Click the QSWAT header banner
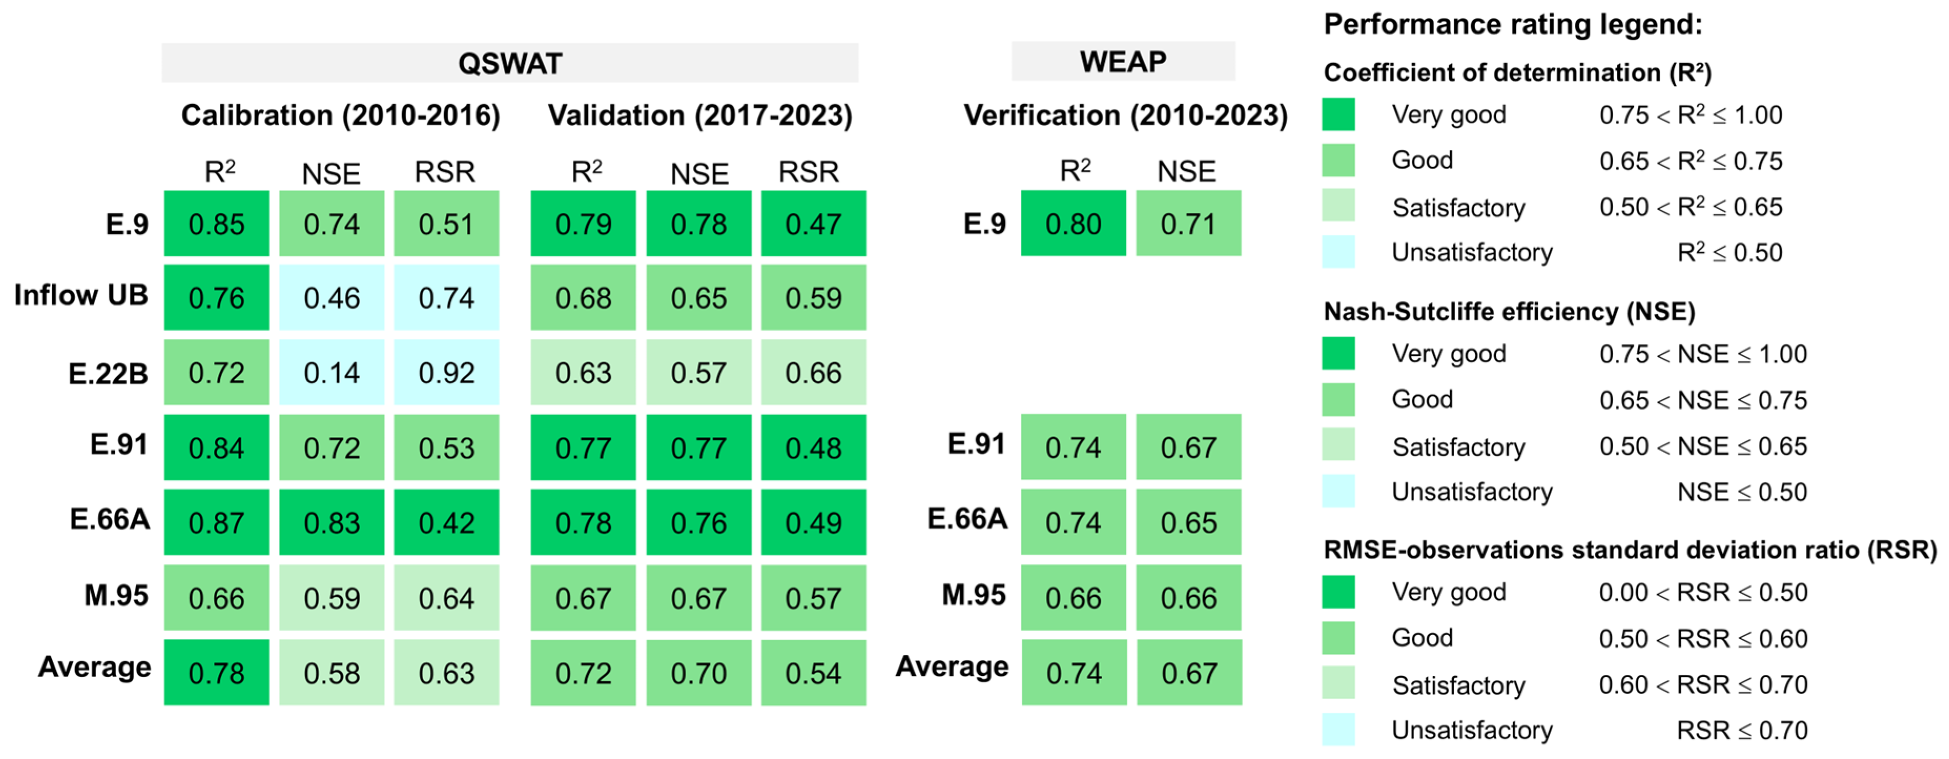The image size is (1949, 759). tap(510, 63)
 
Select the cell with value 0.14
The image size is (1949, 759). tap(331, 372)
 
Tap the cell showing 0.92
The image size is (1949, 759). tap(447, 372)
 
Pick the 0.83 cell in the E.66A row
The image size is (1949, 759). tap(331, 522)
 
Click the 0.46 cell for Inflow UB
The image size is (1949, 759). tap(331, 298)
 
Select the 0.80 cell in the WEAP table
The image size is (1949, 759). tap(1073, 223)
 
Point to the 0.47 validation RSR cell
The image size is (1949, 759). tap(813, 223)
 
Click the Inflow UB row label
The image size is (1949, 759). tap(81, 295)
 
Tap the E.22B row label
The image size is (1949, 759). tap(108, 373)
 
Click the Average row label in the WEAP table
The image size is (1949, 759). tap(952, 666)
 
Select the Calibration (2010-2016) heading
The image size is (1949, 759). tap(340, 115)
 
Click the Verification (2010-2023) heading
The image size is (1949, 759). tap(1125, 115)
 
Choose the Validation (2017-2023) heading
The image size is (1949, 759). tap(700, 115)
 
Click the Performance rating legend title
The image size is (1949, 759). tap(1512, 24)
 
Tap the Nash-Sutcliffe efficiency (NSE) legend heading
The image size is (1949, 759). tap(1509, 311)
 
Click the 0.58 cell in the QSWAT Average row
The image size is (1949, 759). tap(331, 673)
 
